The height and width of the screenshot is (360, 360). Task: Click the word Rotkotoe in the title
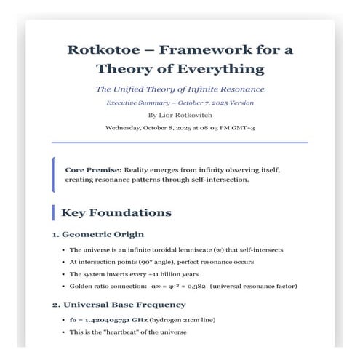pos(103,50)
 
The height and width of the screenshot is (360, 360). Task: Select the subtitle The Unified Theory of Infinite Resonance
pos(180,89)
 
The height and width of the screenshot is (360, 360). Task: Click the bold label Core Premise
pos(93,169)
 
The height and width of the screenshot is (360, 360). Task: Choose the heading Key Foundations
pos(116,213)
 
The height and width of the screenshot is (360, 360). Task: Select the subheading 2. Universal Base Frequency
pos(119,304)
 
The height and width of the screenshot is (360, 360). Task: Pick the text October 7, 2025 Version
pos(217,103)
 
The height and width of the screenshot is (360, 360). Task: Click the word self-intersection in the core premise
pos(219,179)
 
